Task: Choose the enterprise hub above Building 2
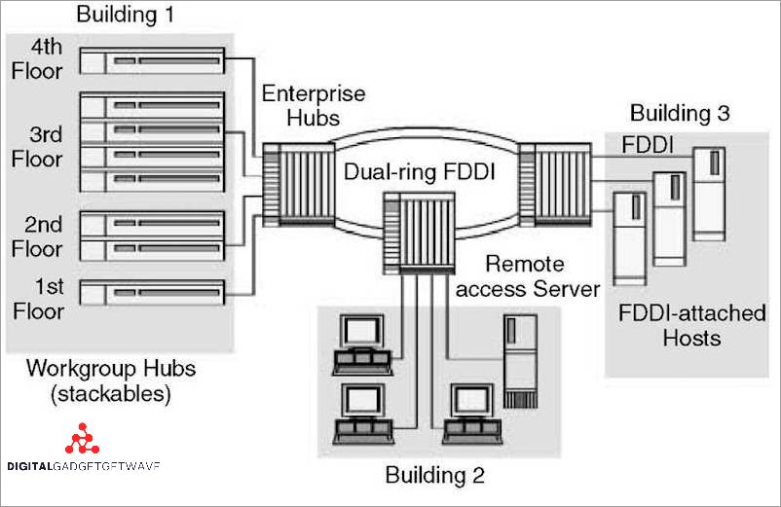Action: coord(420,232)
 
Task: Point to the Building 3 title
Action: coord(679,113)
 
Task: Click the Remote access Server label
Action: coord(527,276)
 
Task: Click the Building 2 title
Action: coord(434,476)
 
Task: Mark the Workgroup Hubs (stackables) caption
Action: coord(110,381)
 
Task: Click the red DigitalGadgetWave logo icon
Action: coord(82,441)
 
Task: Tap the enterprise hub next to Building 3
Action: coord(555,180)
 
